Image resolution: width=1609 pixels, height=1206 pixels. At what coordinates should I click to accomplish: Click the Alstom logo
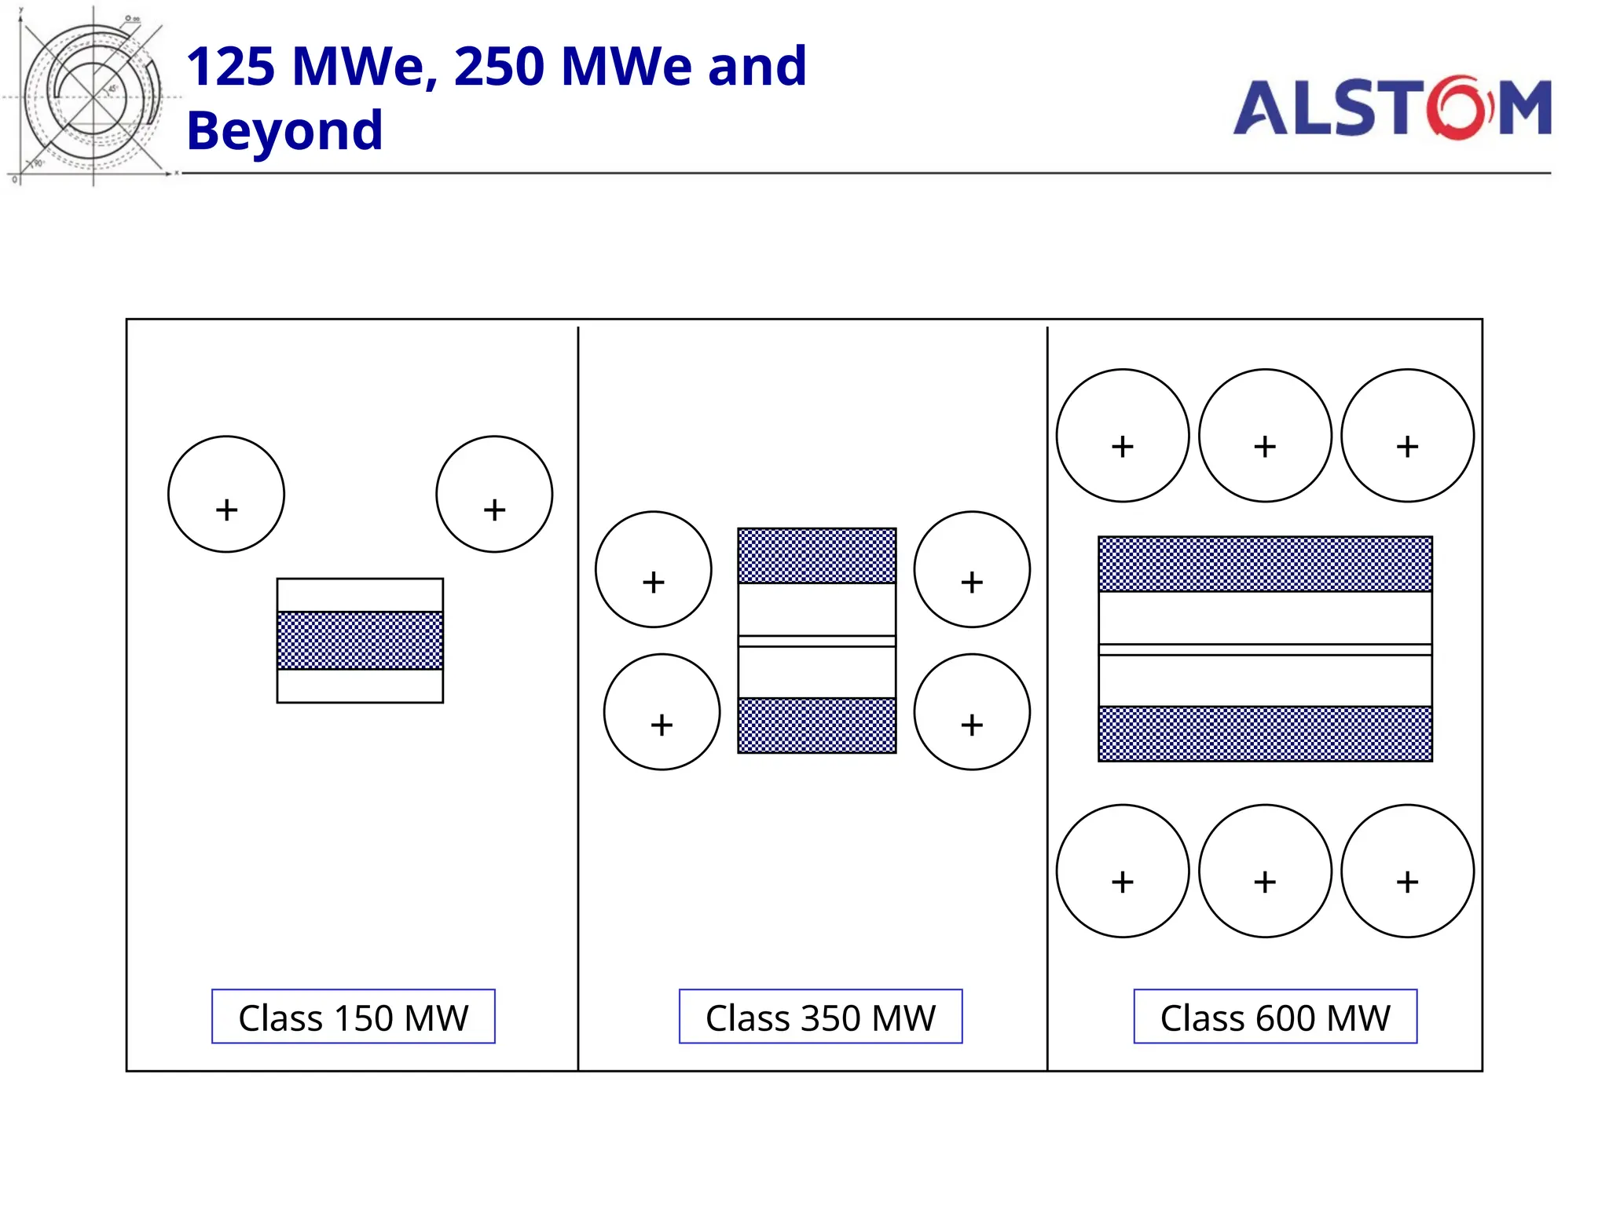[1391, 108]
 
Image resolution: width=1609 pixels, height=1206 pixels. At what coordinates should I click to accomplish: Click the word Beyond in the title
[284, 130]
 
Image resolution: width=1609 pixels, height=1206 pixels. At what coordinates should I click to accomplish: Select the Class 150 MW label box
[353, 1017]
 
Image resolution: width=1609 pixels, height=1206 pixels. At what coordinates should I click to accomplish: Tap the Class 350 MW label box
[820, 1017]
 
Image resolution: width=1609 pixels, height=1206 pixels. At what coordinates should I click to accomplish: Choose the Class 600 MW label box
[1274, 1017]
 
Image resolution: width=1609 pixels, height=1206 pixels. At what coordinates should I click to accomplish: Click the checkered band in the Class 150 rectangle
[360, 641]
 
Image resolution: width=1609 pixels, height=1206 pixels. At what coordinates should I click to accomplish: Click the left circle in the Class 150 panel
[226, 494]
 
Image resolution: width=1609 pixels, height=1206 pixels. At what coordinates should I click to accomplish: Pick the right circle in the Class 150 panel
[494, 494]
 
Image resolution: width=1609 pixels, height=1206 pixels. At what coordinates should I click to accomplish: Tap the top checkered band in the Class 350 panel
[816, 556]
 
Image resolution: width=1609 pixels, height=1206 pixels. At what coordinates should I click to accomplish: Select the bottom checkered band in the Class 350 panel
[816, 725]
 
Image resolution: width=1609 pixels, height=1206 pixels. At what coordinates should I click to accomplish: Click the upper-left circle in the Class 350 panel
[653, 569]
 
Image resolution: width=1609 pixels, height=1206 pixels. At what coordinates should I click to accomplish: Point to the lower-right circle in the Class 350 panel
[972, 711]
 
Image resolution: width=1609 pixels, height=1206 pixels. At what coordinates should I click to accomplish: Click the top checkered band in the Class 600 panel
[1265, 564]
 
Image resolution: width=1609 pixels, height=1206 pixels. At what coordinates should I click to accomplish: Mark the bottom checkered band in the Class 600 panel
[1265, 733]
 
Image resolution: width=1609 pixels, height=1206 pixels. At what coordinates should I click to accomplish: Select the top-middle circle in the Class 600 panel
[1265, 435]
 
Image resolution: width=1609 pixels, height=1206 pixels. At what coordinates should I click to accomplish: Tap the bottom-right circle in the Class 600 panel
[1407, 871]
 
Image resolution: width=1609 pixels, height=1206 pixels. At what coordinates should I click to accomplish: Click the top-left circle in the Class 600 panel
[1122, 435]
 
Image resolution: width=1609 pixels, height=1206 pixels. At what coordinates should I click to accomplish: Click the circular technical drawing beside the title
[92, 97]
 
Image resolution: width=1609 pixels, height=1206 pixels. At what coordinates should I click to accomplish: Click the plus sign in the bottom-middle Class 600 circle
[1265, 882]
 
